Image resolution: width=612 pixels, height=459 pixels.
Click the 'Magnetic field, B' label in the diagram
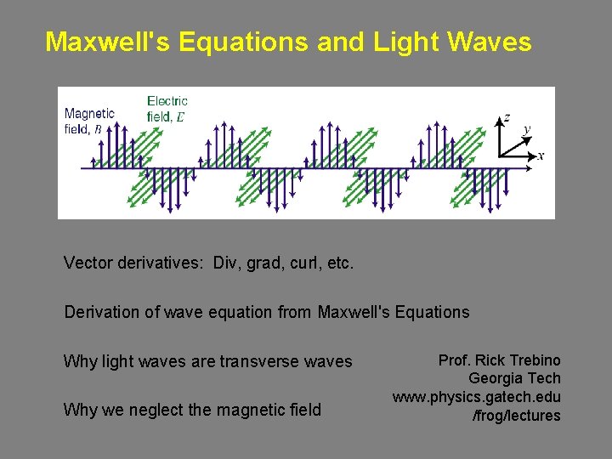pos(89,121)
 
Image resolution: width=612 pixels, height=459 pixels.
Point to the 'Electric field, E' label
pos(167,109)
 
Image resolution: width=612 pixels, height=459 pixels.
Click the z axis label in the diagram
pos(507,117)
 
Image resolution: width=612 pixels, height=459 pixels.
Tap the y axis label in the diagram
pos(527,128)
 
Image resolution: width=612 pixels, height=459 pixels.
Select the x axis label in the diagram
pos(541,156)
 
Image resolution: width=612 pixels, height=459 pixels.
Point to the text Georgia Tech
pos(514,378)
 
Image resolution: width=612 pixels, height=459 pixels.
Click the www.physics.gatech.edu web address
pos(476,397)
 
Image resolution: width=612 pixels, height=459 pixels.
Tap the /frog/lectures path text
pos(516,416)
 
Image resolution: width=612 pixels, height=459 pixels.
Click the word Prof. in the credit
pos(455,360)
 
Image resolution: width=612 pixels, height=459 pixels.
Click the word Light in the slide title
pos(403,42)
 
